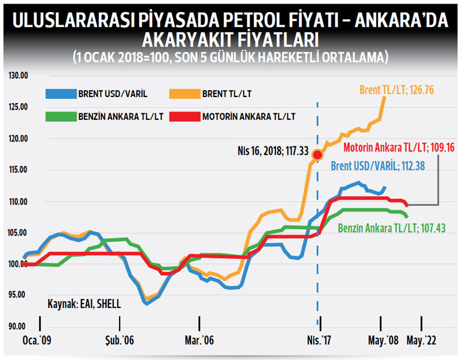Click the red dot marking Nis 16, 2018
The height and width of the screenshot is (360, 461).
click(318, 155)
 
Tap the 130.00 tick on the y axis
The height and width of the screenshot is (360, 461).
click(19, 75)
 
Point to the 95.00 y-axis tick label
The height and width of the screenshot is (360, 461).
click(19, 295)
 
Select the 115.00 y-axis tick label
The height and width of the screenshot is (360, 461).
click(19, 170)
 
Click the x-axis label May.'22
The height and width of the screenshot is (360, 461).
click(422, 341)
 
